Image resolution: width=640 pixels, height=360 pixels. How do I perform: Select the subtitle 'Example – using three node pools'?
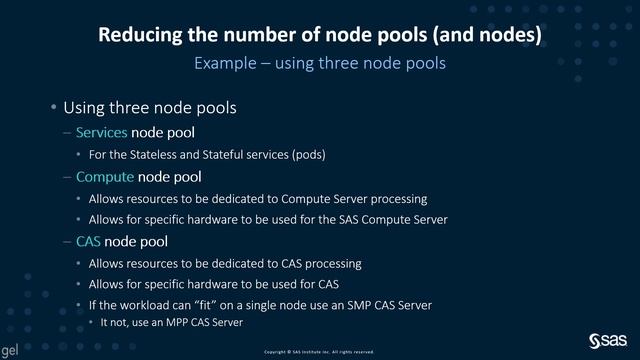tap(320, 62)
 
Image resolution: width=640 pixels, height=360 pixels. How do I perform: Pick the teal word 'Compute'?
tap(104, 177)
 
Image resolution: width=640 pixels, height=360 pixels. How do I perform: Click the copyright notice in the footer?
tap(319, 352)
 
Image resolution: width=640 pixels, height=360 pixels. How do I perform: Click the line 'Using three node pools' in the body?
tap(149, 106)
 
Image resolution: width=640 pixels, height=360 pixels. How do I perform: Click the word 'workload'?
tap(147, 305)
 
